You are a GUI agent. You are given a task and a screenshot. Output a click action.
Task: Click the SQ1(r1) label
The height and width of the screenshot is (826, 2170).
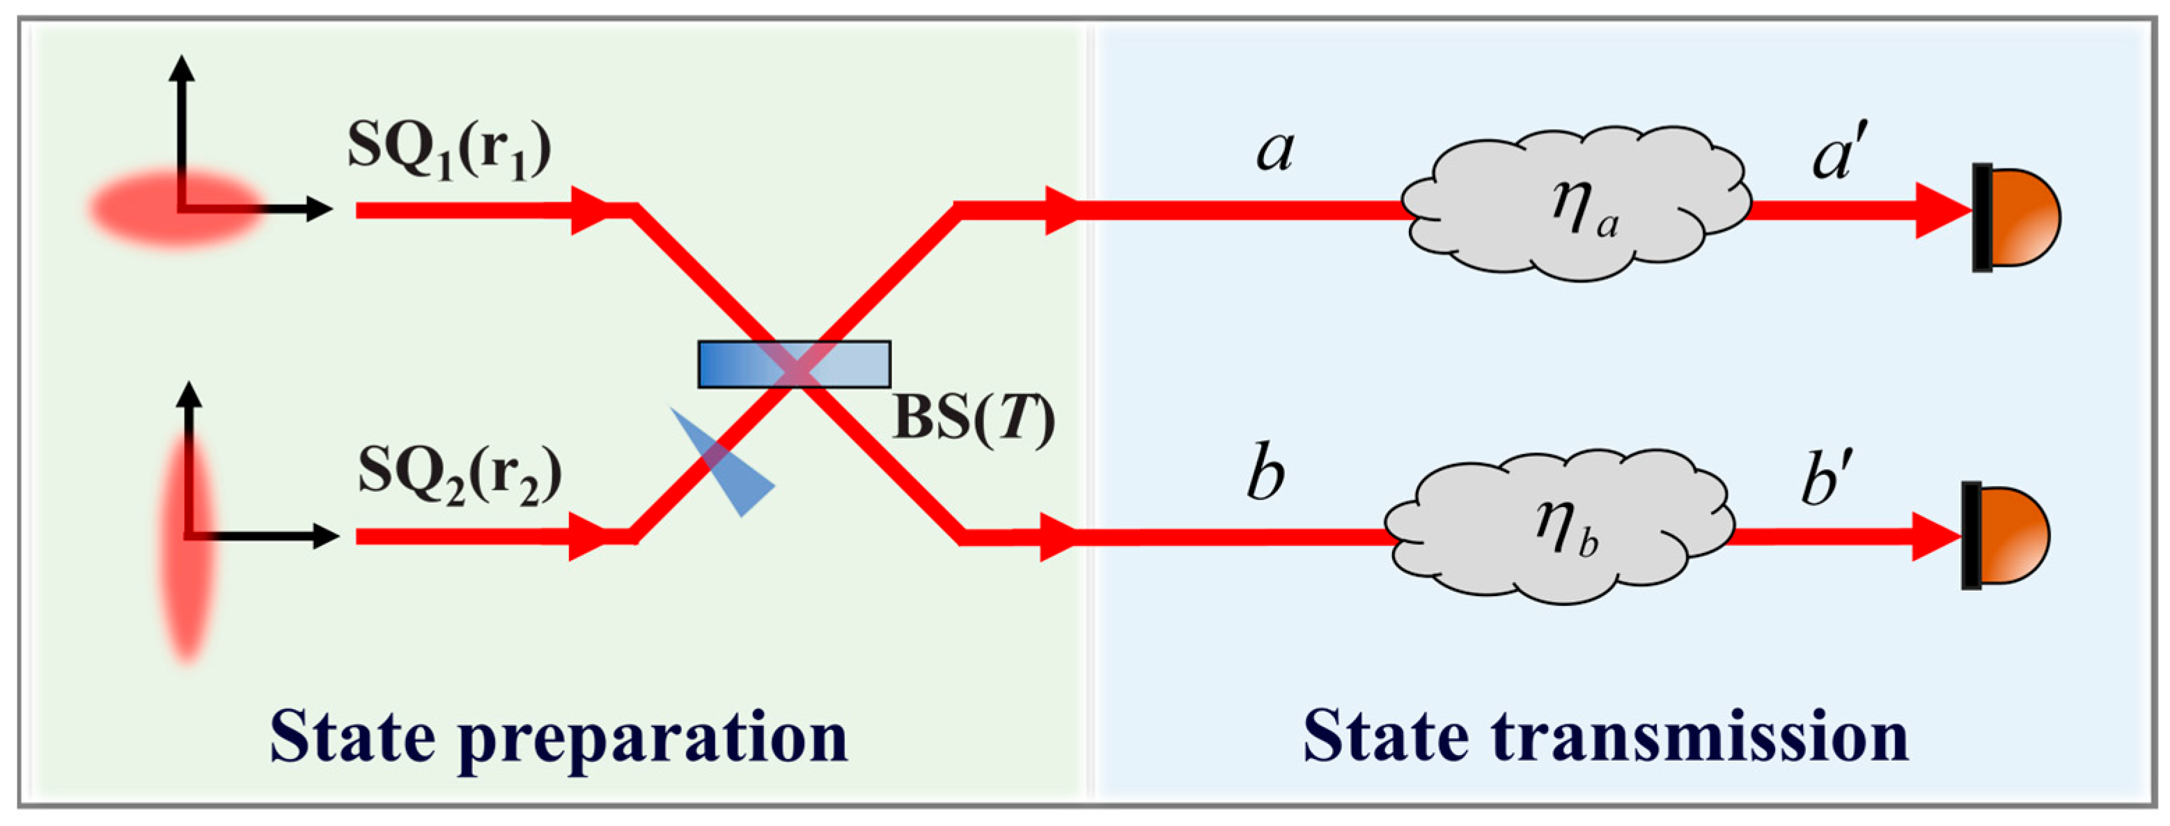(x=449, y=152)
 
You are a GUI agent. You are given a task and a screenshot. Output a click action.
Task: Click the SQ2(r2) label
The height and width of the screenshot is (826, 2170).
(x=459, y=476)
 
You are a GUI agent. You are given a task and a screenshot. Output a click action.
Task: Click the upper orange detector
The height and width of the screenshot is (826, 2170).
(x=2017, y=217)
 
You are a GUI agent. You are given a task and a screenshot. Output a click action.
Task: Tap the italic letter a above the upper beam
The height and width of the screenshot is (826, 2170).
(x=1274, y=152)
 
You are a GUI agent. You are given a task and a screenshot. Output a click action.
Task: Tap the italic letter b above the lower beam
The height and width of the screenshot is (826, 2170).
(x=1266, y=476)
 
